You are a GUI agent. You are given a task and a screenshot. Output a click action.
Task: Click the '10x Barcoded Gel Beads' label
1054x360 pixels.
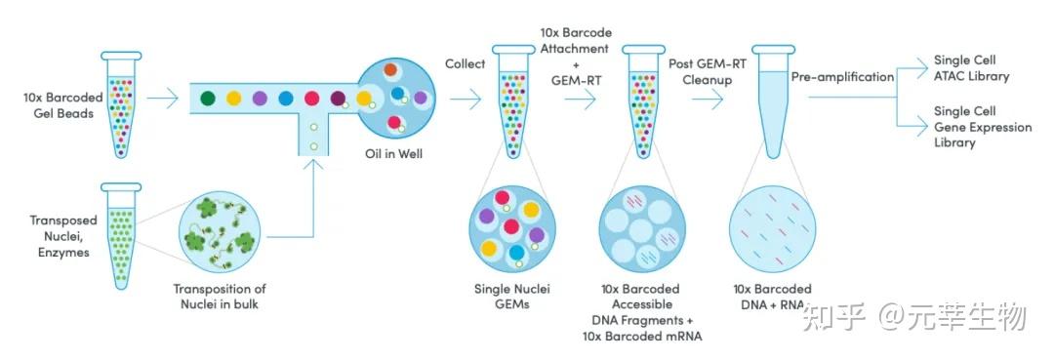click(x=59, y=105)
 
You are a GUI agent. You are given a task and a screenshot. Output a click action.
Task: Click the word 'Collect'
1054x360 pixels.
click(x=466, y=63)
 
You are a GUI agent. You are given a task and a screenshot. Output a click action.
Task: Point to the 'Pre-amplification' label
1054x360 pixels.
click(x=841, y=75)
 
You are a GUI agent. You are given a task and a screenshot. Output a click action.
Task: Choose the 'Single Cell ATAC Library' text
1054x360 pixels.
click(x=971, y=67)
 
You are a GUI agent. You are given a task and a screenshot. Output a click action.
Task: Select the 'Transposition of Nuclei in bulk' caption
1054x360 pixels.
click(x=219, y=297)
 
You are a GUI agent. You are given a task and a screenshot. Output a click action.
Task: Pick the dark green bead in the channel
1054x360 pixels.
click(x=208, y=98)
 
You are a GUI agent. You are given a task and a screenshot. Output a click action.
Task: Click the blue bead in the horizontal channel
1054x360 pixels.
click(x=286, y=98)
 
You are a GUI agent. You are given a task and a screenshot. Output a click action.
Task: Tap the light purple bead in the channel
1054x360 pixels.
click(x=260, y=98)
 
